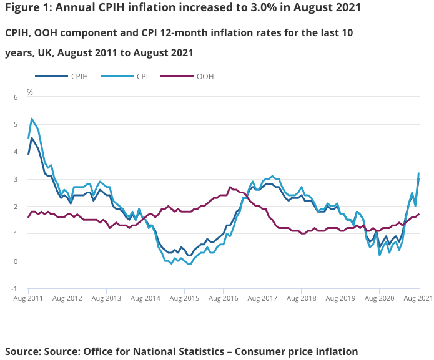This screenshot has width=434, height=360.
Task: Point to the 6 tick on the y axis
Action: pos(16,97)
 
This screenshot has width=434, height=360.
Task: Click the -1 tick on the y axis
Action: pos(15,289)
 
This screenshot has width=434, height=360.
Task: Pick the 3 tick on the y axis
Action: pos(16,179)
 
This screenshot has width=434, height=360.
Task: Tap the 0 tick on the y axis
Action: pos(16,261)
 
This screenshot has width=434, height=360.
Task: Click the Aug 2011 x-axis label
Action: pos(28,299)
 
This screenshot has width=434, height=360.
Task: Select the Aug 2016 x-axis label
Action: pos(223,299)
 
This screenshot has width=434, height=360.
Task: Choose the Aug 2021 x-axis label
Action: pos(417,299)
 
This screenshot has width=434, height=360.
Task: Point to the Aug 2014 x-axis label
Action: pos(145,299)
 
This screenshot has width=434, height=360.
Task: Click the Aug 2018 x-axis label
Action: pos(301,299)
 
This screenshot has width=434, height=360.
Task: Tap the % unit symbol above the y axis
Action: pos(29,92)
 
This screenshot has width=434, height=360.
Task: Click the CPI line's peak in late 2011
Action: pos(32,119)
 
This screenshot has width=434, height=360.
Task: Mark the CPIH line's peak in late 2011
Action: pos(32,138)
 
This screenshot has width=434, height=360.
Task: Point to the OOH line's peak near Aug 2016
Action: pos(230,187)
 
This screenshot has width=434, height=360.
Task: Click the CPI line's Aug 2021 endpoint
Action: pos(418,173)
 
